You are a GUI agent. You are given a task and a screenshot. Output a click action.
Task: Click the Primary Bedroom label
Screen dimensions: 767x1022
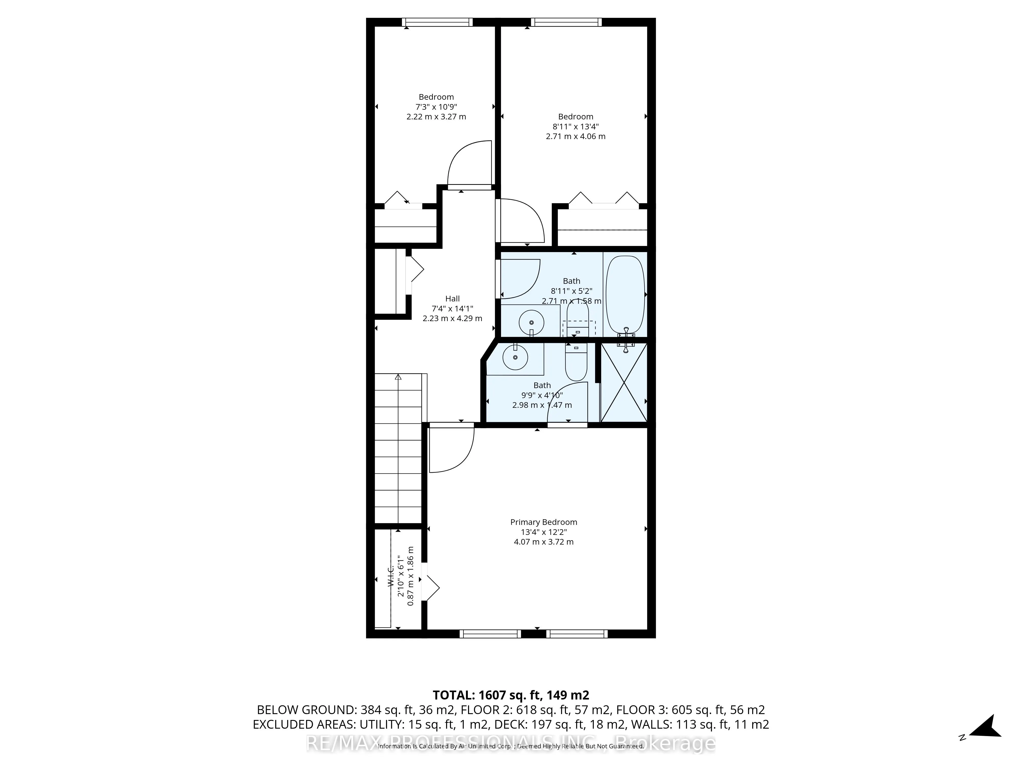(543, 522)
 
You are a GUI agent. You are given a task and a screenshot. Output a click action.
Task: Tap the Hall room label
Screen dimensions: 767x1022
(452, 299)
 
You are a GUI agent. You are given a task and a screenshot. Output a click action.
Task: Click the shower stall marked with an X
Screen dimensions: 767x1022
(624, 382)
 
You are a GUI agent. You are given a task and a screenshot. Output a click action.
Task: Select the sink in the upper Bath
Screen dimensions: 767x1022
(531, 322)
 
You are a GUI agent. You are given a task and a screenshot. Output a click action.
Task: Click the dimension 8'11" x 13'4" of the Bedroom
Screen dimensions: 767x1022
(575, 127)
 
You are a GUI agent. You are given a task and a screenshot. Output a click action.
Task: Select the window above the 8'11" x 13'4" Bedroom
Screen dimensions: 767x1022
(566, 22)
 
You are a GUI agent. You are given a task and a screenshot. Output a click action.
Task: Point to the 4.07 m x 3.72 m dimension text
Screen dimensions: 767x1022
(543, 542)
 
